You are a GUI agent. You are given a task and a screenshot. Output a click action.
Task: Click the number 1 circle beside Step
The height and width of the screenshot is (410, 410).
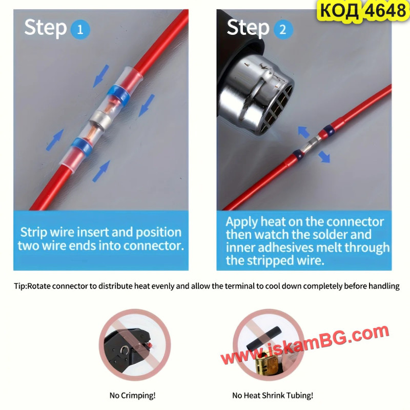tap(80, 29)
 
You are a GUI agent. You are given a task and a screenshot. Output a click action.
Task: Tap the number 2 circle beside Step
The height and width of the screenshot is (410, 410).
tap(283, 29)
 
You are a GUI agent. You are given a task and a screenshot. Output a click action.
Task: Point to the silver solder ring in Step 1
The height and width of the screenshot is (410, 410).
tap(101, 119)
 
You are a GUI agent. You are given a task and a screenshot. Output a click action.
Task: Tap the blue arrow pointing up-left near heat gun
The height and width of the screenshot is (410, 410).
tap(304, 132)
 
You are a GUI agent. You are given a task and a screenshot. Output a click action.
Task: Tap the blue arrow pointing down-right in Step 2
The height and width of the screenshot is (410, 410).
tap(324, 157)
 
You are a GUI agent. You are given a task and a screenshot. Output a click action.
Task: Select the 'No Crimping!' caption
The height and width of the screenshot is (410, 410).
tap(133, 395)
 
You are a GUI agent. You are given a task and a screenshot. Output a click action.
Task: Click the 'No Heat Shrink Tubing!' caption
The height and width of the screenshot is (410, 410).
tap(273, 395)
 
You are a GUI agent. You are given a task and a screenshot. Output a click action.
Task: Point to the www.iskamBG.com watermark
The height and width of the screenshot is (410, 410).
tap(305, 345)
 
